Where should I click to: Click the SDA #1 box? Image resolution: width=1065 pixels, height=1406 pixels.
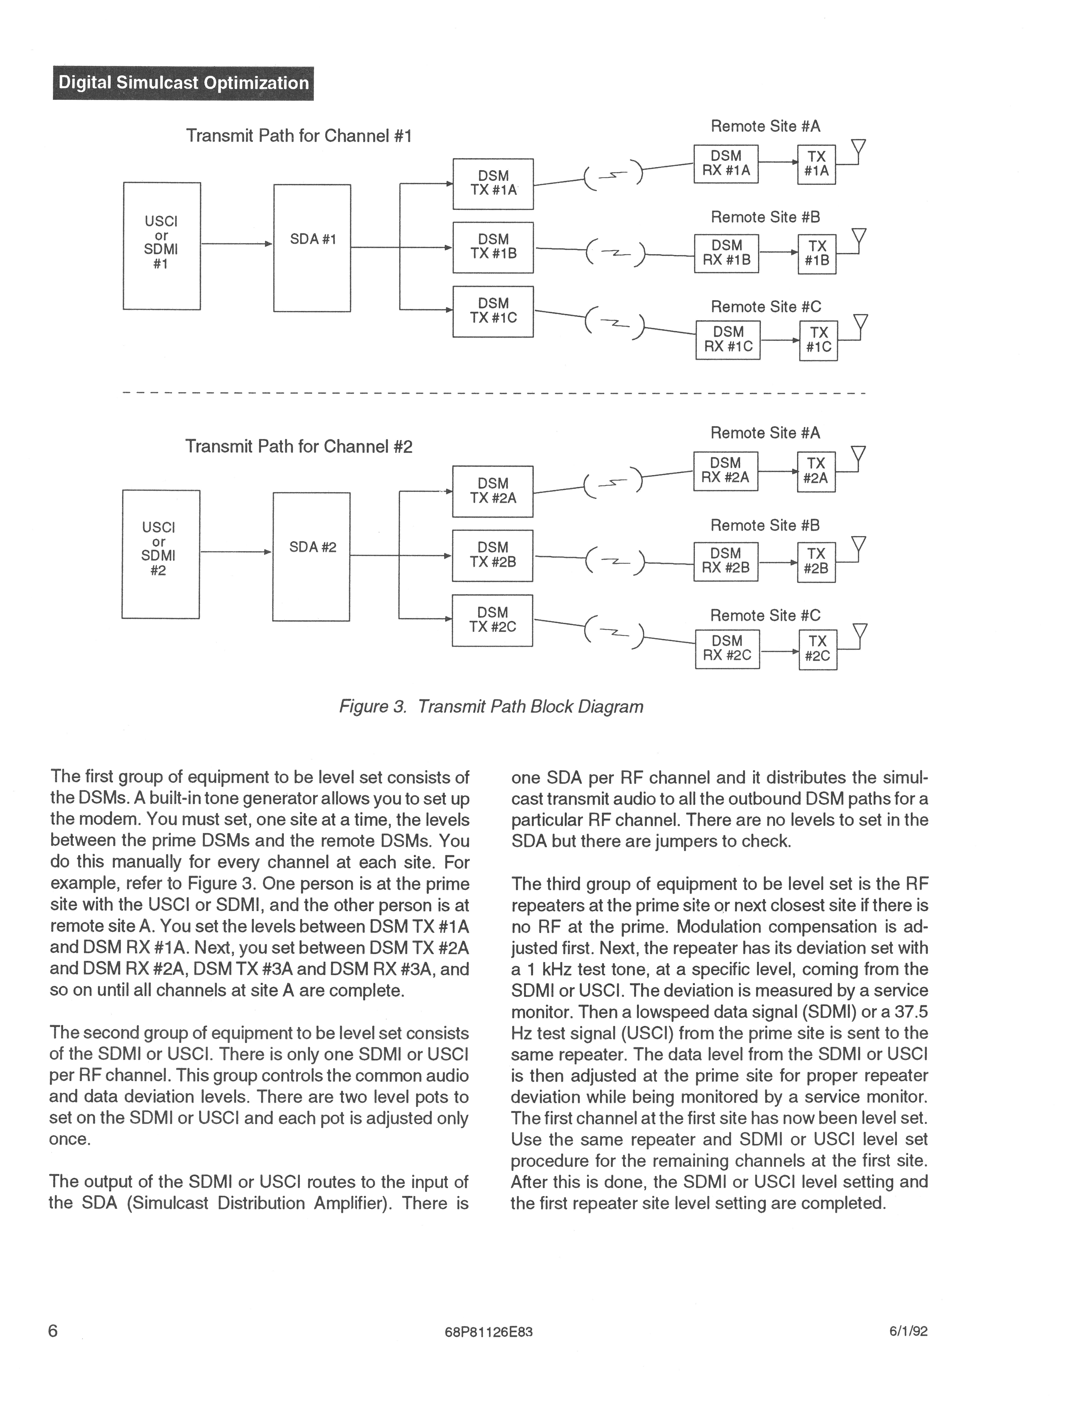(312, 248)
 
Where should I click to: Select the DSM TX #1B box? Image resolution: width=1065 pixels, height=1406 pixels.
(493, 247)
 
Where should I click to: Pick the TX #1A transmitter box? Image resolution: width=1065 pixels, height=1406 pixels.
(817, 164)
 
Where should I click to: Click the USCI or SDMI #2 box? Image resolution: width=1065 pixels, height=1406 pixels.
(161, 554)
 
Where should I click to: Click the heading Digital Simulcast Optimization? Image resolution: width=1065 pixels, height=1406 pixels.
(183, 83)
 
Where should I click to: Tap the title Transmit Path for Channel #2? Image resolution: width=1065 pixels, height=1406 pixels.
(299, 447)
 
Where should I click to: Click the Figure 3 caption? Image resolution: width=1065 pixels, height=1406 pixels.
(491, 707)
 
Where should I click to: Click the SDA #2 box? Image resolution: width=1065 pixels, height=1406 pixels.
(311, 556)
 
